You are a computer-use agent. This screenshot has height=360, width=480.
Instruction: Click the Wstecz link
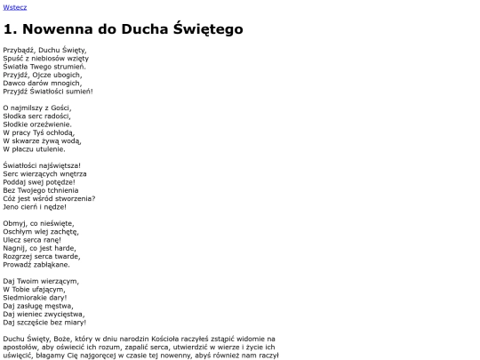click(15, 6)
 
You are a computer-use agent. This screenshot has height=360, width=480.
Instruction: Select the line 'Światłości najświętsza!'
click(42, 165)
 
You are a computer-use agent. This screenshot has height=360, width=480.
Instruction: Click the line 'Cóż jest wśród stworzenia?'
click(49, 198)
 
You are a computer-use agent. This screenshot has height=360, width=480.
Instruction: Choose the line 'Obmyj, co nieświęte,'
click(38, 223)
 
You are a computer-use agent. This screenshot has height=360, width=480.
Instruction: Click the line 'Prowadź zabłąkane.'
click(36, 264)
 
